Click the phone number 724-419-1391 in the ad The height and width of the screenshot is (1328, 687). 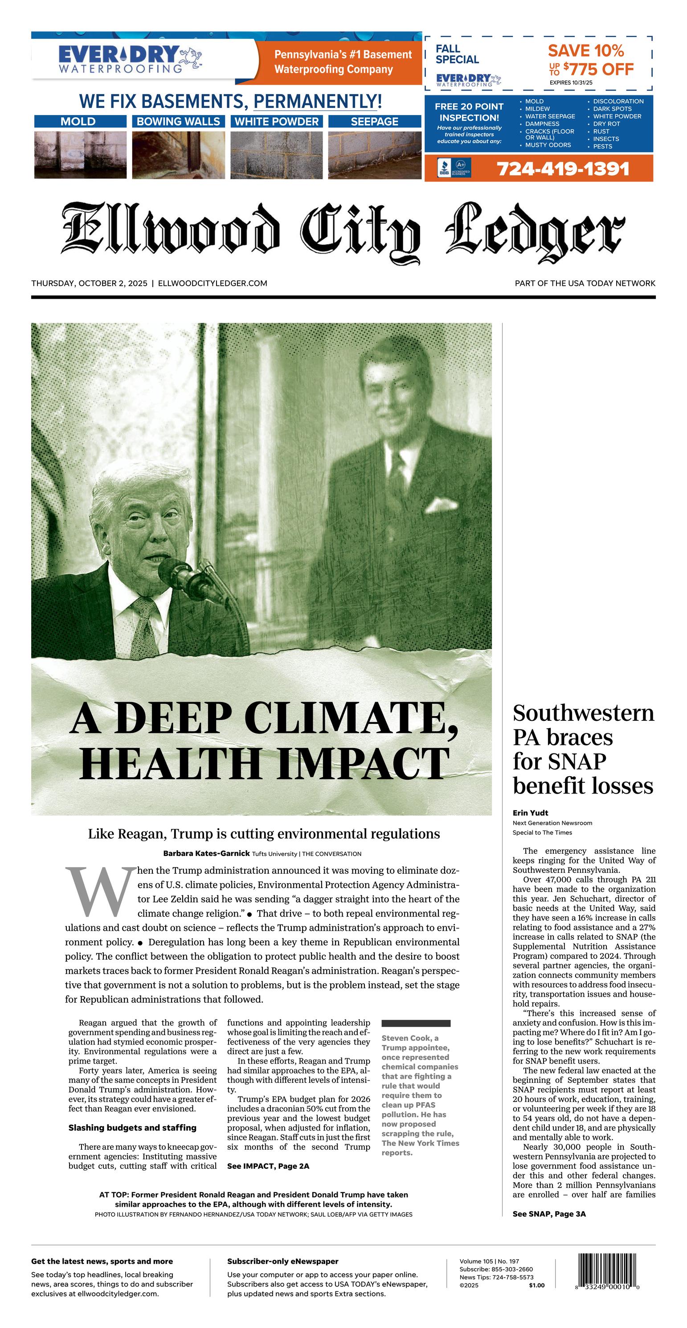(563, 169)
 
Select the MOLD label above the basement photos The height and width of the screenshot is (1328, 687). (78, 122)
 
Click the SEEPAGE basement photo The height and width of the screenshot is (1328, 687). (374, 155)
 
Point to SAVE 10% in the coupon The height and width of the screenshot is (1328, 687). (585, 50)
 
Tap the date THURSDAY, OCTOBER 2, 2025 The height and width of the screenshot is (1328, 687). (89, 283)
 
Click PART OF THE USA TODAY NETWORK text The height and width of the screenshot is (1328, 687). (585, 283)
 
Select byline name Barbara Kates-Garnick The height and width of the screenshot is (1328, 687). (206, 853)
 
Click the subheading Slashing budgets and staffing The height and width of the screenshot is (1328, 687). (132, 1127)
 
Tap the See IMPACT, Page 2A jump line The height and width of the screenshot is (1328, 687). (268, 1166)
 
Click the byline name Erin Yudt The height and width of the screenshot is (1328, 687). (530, 813)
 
